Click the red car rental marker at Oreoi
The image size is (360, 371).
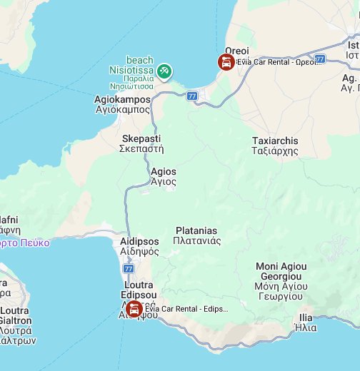[x=226, y=63]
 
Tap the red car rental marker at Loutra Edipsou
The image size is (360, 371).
[x=133, y=309]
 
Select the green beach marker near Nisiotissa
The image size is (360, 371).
[x=164, y=71]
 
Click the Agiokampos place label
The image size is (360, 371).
[x=122, y=104]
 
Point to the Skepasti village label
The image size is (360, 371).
[x=141, y=143]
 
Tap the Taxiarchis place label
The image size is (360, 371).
[x=275, y=146]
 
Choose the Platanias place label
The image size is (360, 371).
[x=196, y=235]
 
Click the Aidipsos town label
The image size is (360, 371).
[x=139, y=246]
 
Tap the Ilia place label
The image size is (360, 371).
[x=306, y=322]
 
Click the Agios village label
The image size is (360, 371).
[x=164, y=176]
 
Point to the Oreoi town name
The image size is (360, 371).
[x=237, y=51]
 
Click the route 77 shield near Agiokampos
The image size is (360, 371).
[x=191, y=96]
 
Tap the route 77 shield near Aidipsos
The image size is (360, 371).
[x=129, y=269]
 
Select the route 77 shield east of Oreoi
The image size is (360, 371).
[x=320, y=59]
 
